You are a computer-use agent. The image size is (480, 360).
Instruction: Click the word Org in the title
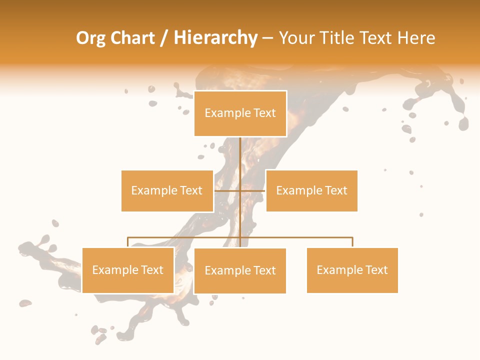90,38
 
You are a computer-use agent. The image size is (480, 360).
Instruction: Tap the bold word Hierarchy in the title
215,38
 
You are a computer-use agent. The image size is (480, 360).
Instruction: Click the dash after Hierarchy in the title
267,38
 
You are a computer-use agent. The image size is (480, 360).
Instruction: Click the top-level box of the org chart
240,113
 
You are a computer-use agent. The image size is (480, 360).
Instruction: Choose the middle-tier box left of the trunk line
167,190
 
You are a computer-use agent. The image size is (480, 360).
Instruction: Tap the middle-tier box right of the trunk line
311,190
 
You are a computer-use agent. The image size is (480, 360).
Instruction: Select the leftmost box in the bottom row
128,270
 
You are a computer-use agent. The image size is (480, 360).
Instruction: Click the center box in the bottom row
240,270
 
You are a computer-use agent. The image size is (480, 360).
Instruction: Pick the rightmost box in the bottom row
352,270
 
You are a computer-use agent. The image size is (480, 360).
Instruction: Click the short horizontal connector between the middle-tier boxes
240,190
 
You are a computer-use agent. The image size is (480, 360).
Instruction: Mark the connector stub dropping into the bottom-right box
352,242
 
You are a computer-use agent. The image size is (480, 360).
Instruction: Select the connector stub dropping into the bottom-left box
128,242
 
